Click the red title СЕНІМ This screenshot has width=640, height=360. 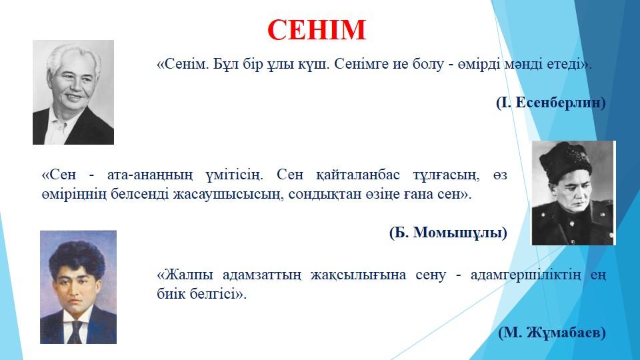coord(316,30)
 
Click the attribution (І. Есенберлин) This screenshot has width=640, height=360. coord(551,103)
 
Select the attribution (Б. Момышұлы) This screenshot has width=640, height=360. coord(448,232)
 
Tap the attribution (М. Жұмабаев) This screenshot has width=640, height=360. coord(552,332)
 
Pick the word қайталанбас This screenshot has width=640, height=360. coord(358,175)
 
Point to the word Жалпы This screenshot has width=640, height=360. coord(188,275)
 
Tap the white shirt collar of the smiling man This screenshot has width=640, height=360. coord(60,123)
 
